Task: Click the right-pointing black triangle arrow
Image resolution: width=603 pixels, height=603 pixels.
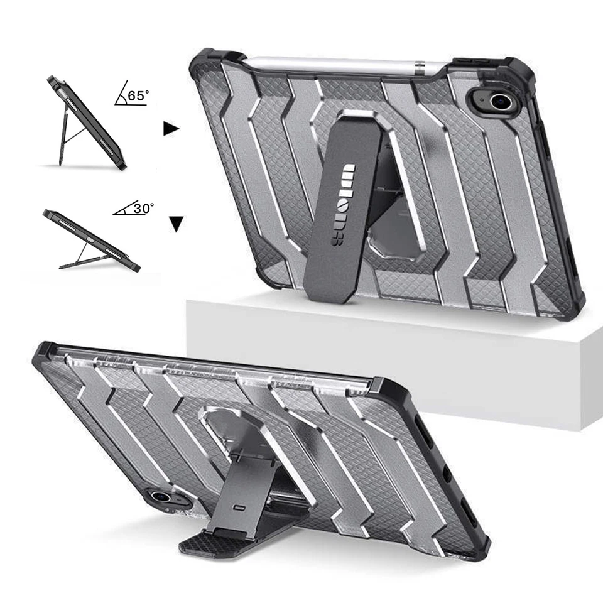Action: click(171, 129)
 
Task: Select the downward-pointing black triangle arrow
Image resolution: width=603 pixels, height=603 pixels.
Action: click(177, 224)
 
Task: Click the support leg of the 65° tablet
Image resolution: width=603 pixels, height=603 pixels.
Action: click(65, 141)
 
